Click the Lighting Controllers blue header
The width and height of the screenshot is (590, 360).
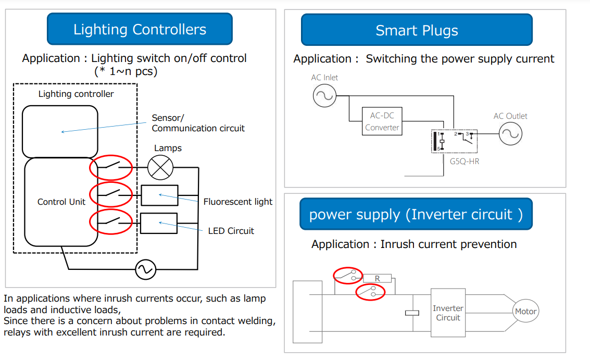coord(140,29)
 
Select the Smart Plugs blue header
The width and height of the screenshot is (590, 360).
coord(417,30)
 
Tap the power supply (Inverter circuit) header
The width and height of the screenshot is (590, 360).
coord(416,214)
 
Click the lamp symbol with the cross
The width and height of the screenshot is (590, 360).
coord(160,168)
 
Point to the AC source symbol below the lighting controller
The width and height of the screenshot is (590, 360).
coord(146,269)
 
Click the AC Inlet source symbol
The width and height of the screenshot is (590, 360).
coord(324,95)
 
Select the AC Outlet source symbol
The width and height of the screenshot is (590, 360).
coord(511,134)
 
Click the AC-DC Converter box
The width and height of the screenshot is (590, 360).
coord(382,121)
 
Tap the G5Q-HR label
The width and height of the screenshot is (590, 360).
coord(465,162)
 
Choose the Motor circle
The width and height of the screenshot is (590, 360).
coord(525,311)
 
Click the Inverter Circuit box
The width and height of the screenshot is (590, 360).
coord(448,313)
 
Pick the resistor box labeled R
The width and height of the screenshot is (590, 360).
coord(377,279)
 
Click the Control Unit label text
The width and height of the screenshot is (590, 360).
coord(61,202)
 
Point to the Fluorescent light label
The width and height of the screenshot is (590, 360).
coord(238,202)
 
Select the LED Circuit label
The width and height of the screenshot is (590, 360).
coord(231,231)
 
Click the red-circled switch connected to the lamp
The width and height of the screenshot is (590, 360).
coord(111,167)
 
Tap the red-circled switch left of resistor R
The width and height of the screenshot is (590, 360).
coord(348,275)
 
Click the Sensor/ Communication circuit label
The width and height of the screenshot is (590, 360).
coord(198,123)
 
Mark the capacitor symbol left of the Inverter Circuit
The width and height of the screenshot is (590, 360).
coord(412,313)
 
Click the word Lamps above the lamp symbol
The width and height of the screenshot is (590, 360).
coord(168,148)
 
